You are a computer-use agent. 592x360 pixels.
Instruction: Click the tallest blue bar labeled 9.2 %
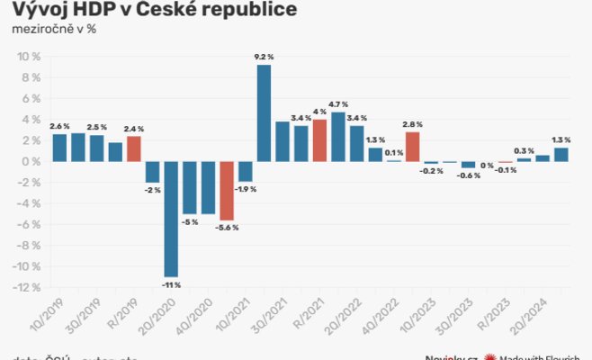tap(264, 112)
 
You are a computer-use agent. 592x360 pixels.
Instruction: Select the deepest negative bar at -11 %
tap(171, 219)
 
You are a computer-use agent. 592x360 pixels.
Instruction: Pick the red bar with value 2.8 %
tap(412, 147)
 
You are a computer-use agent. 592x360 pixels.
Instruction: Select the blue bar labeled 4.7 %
tap(338, 137)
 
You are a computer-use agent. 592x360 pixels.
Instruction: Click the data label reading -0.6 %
tap(469, 175)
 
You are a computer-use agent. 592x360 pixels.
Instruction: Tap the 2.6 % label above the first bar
tap(60, 126)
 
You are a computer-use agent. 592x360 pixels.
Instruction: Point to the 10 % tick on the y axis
tap(30, 57)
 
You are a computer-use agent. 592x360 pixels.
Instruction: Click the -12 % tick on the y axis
tap(27, 288)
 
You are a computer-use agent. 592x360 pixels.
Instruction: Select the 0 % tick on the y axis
tap(32, 162)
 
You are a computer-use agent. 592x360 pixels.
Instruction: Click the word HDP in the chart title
tap(91, 10)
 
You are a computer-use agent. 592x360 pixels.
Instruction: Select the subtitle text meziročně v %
tap(54, 30)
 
